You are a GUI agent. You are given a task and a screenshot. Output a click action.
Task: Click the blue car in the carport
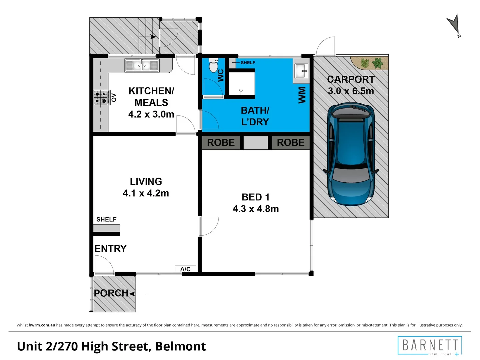[x=351, y=155]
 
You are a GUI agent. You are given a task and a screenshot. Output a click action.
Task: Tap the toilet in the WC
[x=213, y=65]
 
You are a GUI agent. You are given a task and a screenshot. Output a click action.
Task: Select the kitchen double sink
[x=142, y=65]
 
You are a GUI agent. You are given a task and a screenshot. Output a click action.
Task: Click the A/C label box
[x=185, y=269]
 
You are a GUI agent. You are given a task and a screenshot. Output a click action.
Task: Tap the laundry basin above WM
[x=301, y=71]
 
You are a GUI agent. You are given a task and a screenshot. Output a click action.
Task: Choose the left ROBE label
[x=221, y=143]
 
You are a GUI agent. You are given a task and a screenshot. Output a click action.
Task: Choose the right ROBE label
[x=291, y=143]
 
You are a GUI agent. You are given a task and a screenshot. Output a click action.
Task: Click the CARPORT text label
[x=351, y=79]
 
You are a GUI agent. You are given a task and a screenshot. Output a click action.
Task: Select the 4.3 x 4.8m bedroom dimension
[x=256, y=209]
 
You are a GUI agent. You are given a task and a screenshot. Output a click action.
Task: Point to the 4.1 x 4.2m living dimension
[x=146, y=193]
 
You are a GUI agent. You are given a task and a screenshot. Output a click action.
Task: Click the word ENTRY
[x=110, y=249]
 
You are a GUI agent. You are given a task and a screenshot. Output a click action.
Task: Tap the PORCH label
[x=111, y=293]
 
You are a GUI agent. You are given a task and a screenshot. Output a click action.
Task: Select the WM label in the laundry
[x=302, y=95]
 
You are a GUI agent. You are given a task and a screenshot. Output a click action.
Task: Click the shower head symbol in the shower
[x=241, y=92]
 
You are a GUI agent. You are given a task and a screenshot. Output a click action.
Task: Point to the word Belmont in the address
[x=180, y=346]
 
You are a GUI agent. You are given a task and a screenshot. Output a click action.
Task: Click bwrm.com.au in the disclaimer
[x=42, y=325]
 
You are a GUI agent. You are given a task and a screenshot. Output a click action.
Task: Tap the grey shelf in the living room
[x=106, y=228]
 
